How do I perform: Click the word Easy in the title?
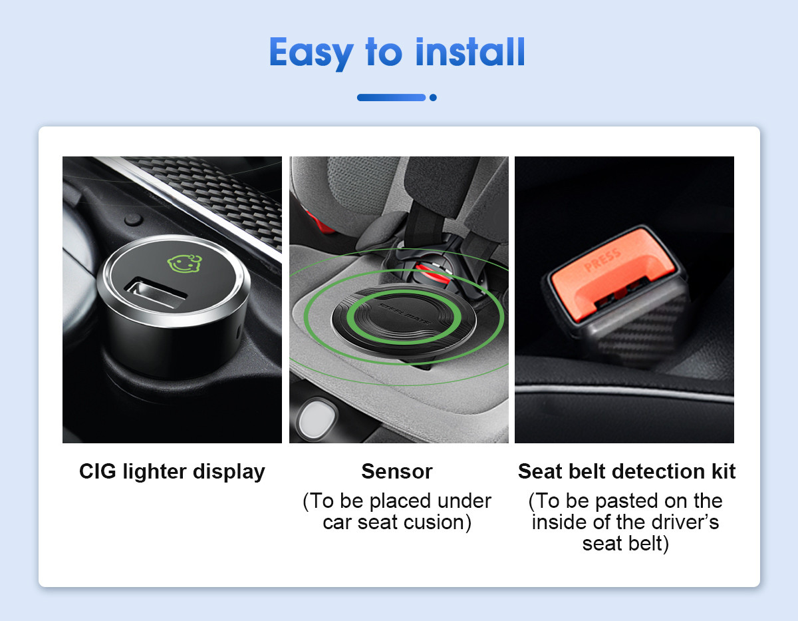[311, 53]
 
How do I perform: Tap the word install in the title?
[470, 52]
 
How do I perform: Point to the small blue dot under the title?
[434, 97]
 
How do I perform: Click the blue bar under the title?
[391, 97]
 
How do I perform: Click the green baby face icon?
[185, 263]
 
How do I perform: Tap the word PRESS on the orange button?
[602, 260]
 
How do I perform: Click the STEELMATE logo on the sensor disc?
[404, 313]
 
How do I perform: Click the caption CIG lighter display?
[172, 471]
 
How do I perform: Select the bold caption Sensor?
[397, 471]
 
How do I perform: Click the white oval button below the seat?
[317, 419]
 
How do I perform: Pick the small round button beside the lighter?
[133, 220]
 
